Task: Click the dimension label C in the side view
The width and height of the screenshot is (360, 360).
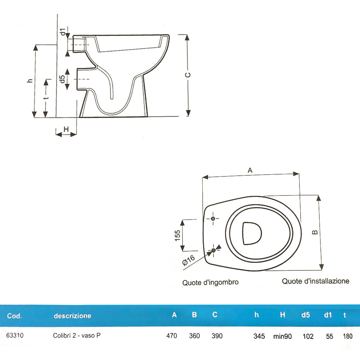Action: [x=188, y=75]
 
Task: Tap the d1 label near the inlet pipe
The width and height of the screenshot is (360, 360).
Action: [x=63, y=32]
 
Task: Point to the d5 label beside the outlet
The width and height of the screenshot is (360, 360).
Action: [x=62, y=79]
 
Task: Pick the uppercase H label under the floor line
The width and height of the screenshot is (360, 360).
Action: [x=66, y=129]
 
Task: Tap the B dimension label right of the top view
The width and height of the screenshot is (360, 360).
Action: [x=315, y=233]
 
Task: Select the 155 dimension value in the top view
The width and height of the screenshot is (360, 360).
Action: [x=177, y=235]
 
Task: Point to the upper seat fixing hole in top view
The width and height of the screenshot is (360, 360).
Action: [x=213, y=219]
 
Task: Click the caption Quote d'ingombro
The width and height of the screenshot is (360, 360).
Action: [x=210, y=283]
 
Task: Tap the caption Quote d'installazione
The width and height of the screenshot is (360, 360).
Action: [x=315, y=281]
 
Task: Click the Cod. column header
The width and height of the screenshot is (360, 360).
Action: [x=14, y=316]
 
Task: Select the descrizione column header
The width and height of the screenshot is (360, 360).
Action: [x=72, y=316]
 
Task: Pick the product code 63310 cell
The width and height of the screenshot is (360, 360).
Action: [x=15, y=336]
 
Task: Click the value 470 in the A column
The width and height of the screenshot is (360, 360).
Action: [x=172, y=336]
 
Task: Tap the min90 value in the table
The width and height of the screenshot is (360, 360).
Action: [x=282, y=336]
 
